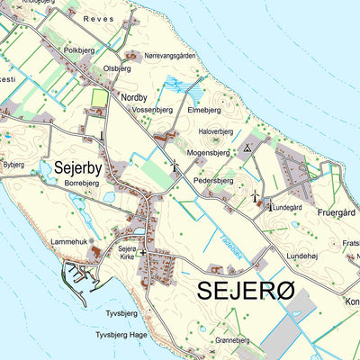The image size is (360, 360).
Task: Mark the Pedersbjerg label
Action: click(x=213, y=180)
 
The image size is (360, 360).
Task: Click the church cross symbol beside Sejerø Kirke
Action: click(x=141, y=254)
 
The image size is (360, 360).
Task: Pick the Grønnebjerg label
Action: click(x=237, y=341)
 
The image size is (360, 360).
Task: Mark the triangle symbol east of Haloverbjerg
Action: click(x=248, y=147)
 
